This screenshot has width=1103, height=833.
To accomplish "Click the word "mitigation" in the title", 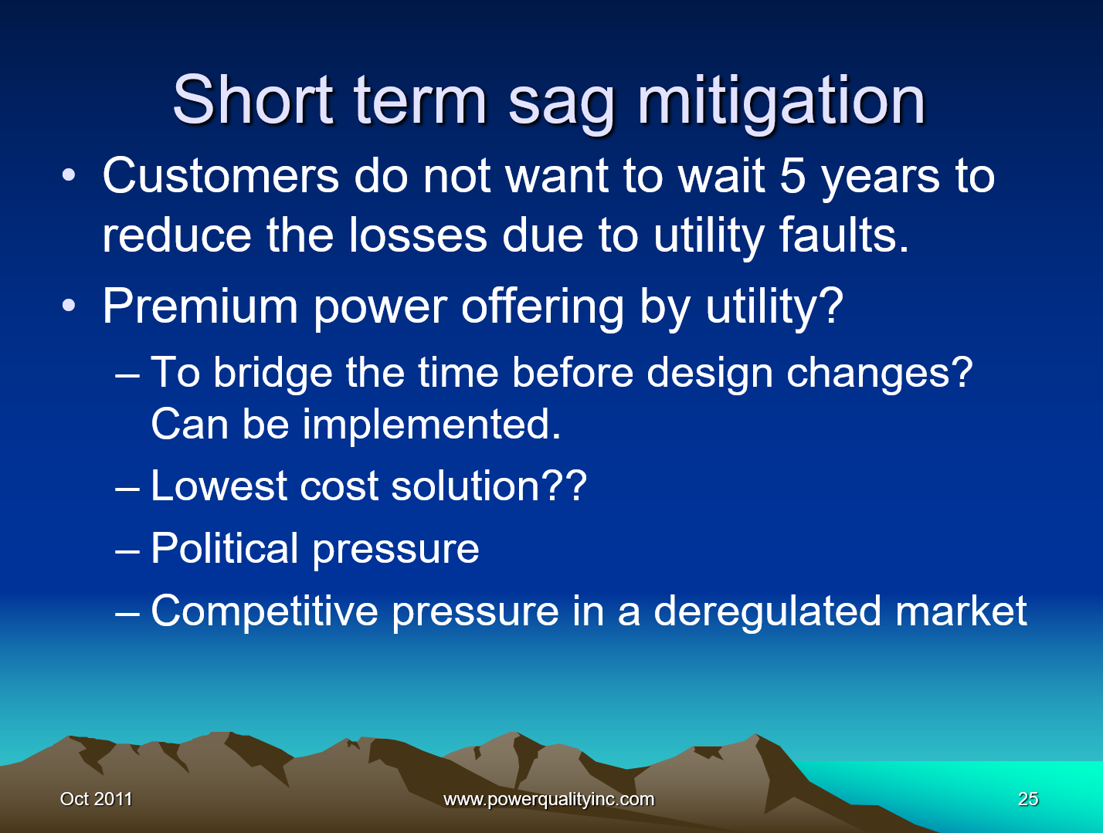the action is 782,100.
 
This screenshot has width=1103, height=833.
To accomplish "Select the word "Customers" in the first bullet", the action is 221,176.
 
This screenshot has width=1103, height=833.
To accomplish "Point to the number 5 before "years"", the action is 792,176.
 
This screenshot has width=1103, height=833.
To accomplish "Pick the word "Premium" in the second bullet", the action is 200,306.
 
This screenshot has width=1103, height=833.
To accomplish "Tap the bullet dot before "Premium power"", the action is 69,305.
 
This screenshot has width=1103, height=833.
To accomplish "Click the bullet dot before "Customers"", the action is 69,175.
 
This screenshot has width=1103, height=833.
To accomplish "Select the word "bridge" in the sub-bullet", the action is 273,374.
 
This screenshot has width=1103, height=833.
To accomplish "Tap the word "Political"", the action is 225,548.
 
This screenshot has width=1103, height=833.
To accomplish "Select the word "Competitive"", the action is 264,611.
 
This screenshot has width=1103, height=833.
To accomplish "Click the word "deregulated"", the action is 767,611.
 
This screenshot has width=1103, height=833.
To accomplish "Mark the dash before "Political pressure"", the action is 127,550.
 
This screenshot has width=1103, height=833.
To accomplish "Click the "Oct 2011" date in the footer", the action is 96,799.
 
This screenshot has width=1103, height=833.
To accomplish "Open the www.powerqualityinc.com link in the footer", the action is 548,799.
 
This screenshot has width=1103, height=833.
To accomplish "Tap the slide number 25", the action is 1028,799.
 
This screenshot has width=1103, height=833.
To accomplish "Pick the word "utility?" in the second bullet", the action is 775,306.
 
